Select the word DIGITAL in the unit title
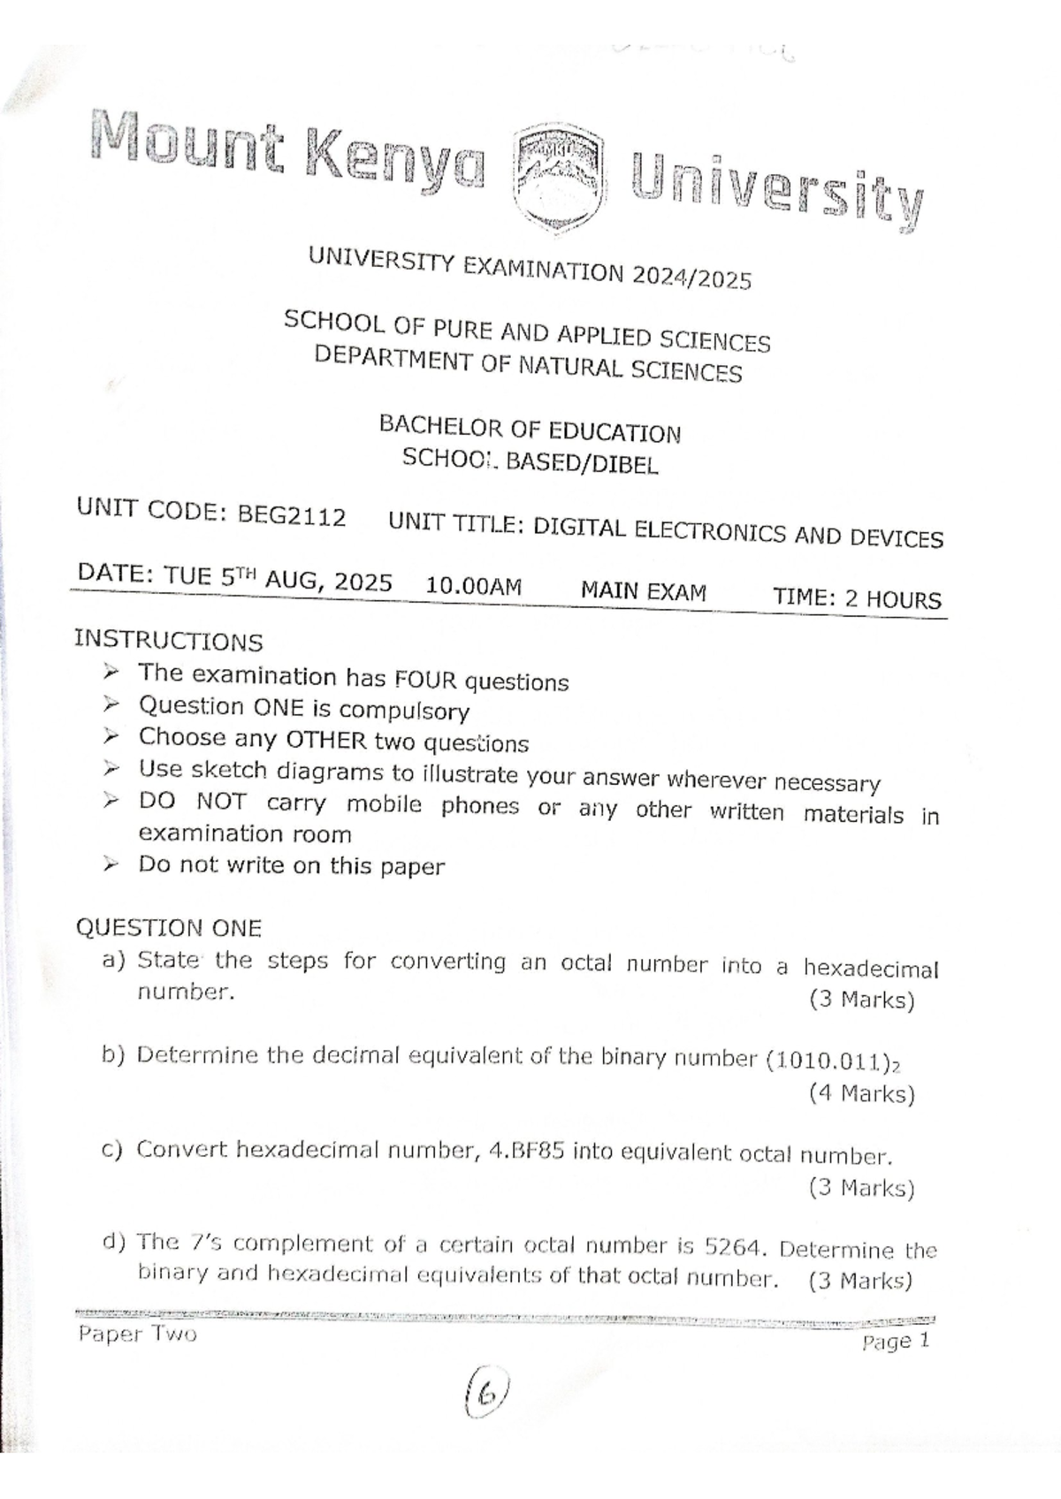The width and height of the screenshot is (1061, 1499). [x=579, y=529]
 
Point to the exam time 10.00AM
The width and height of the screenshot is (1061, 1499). [x=474, y=586]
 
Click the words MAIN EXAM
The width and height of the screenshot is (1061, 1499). [x=643, y=591]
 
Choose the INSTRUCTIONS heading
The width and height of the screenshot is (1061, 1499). [x=168, y=641]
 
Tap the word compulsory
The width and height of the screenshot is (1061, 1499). [x=404, y=711]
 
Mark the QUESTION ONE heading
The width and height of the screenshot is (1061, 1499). [x=168, y=928]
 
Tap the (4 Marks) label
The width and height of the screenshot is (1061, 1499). [x=860, y=1094]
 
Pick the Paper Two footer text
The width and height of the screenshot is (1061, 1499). [x=137, y=1334]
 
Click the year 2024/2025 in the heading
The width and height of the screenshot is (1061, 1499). [x=691, y=278]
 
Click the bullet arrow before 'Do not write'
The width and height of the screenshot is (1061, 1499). [x=110, y=864]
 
